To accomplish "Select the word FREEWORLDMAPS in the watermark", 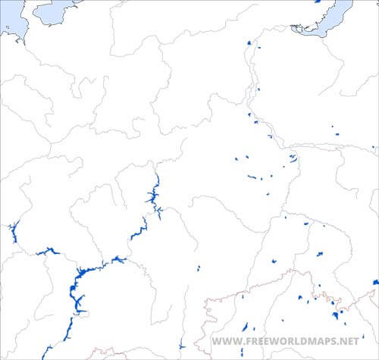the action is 288,341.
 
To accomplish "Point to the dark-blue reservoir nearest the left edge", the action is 13,232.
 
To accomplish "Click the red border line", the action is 250,291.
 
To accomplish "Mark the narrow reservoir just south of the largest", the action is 68,330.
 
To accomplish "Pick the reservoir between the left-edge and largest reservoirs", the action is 48,251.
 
